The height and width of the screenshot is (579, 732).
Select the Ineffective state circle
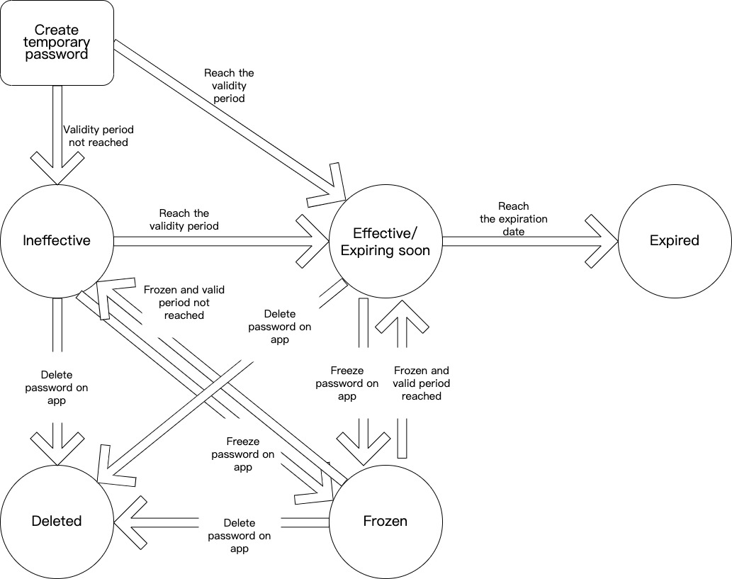[x=57, y=240]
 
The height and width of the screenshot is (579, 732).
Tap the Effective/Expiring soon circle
[x=385, y=241]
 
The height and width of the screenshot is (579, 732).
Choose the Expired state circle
[x=674, y=241]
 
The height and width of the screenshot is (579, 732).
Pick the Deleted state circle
[x=57, y=521]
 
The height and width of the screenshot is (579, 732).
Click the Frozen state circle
[x=385, y=521]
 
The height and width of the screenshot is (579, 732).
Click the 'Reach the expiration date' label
[x=514, y=219]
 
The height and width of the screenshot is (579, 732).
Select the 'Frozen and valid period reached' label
[x=422, y=383]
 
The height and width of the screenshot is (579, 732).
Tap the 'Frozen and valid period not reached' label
[x=184, y=302]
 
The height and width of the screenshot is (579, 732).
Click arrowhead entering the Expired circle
[x=602, y=241]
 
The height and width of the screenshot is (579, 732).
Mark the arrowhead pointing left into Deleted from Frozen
[x=132, y=522]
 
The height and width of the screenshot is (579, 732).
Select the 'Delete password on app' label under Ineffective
[x=57, y=388]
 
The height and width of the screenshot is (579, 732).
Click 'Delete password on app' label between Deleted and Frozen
[x=240, y=536]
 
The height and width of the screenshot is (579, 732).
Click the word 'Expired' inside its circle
[x=674, y=241]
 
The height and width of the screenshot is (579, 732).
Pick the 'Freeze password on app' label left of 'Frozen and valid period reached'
[x=347, y=383]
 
